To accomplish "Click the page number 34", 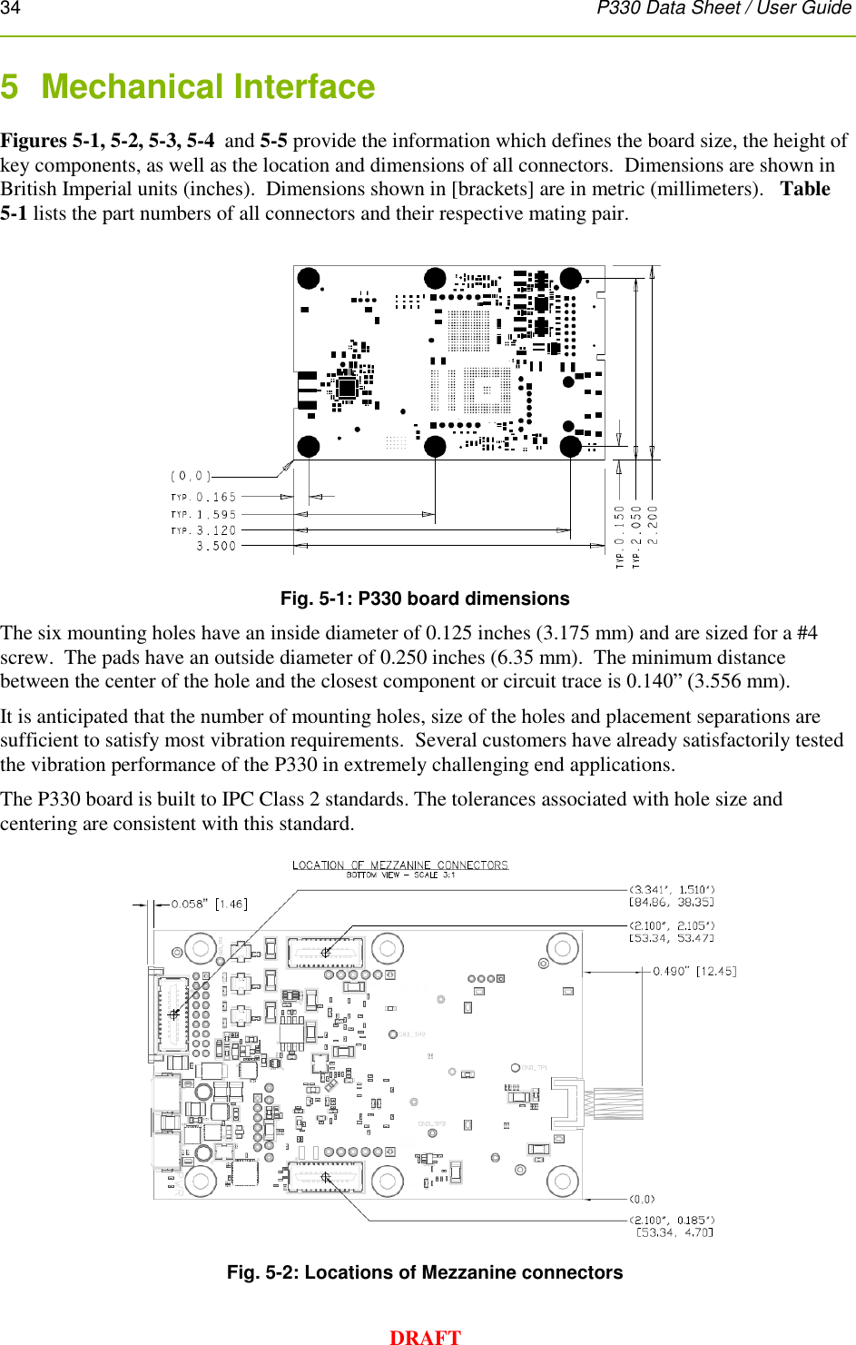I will [x=10, y=8].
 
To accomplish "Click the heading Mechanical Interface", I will [x=208, y=87].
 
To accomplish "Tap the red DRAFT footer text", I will [x=425, y=1336].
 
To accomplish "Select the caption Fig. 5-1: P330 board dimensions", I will [x=425, y=598].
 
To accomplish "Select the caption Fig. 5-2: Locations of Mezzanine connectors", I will [x=425, y=1272].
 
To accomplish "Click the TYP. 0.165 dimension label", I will [x=203, y=497].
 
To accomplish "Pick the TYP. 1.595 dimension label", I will [x=203, y=514].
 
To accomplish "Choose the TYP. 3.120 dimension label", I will [x=203, y=530].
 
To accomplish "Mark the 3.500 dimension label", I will [x=216, y=546].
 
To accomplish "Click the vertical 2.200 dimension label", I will [x=653, y=524].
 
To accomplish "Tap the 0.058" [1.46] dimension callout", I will [x=209, y=904].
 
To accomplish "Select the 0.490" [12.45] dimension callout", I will [x=694, y=971].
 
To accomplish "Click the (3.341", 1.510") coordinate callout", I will [x=672, y=895].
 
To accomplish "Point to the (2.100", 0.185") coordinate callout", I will [x=672, y=1226].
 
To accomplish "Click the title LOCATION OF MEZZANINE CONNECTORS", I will [x=400, y=865].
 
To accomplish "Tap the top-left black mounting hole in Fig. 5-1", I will [x=309, y=278].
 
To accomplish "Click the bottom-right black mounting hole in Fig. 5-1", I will [x=571, y=446].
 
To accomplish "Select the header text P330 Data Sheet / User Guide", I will [x=723, y=8].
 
